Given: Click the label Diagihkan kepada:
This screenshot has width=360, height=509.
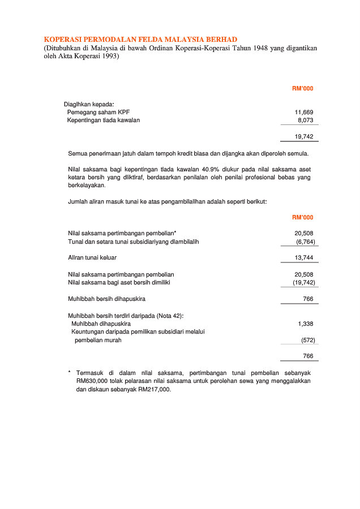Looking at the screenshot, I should pos(89,104).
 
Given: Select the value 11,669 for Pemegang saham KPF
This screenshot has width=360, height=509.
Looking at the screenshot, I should pos(304,112).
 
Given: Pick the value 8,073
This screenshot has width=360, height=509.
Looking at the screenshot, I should pos(306,120).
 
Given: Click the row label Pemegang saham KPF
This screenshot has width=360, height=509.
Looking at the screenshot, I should pos(98,112).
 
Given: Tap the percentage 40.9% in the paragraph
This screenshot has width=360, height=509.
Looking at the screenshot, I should pos(214,169).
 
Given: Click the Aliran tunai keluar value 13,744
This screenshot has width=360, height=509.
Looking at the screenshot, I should pos(304,257).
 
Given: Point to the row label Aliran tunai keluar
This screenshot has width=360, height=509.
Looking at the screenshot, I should pos(92,257).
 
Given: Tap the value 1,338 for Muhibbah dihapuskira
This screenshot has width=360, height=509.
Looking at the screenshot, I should pos(306,323).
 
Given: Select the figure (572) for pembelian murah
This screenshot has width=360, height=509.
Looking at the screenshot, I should pos(308,340).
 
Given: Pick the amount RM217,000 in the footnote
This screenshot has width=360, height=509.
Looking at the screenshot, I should pos(153,390).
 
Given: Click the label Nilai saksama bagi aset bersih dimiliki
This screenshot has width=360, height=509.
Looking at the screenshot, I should pos(119,282).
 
